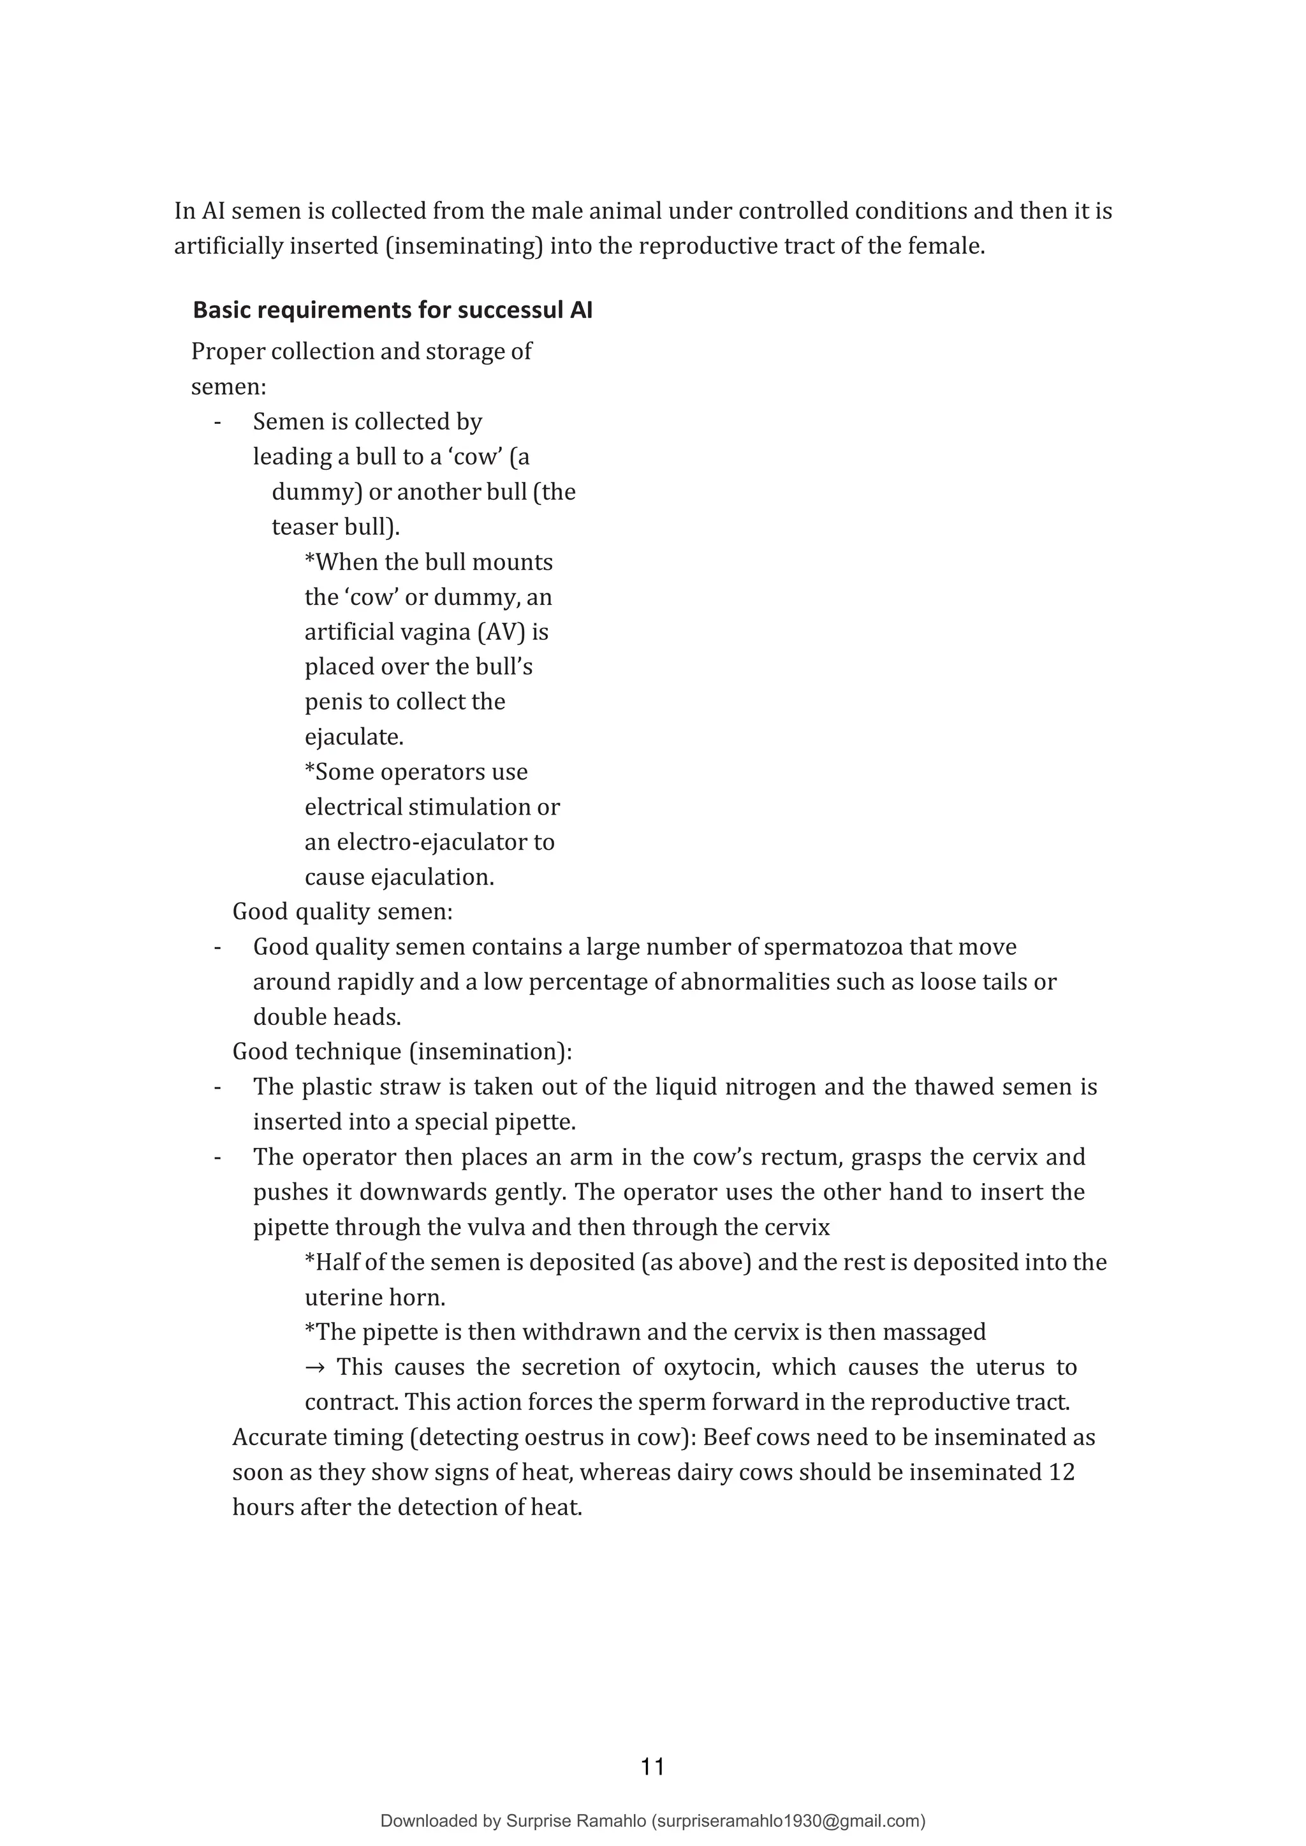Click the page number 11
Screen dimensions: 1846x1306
[652, 1766]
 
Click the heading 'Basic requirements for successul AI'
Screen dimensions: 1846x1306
[392, 310]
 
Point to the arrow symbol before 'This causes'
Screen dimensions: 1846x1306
[314, 1367]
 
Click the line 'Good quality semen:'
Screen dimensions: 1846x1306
[342, 912]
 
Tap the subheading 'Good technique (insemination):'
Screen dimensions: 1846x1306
[402, 1052]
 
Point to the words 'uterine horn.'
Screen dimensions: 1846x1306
[375, 1298]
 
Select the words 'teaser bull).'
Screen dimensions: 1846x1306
[335, 527]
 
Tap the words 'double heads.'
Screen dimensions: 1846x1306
[326, 1017]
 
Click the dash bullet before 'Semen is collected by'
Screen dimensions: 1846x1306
[217, 422]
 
